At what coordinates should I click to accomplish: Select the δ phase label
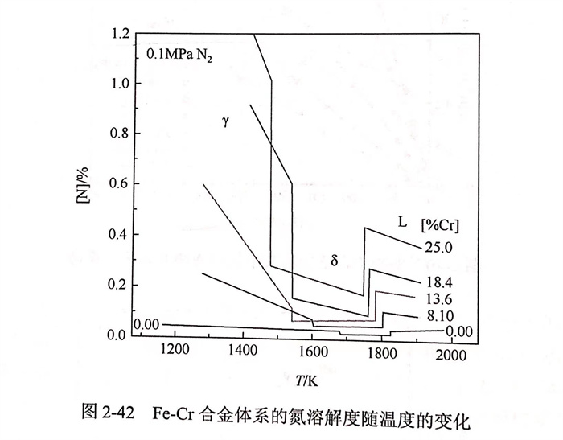[x=334, y=260]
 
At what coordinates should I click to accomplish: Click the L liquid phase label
[x=402, y=220]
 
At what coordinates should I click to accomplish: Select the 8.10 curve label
[x=439, y=316]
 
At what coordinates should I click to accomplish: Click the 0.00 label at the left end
[x=148, y=324]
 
